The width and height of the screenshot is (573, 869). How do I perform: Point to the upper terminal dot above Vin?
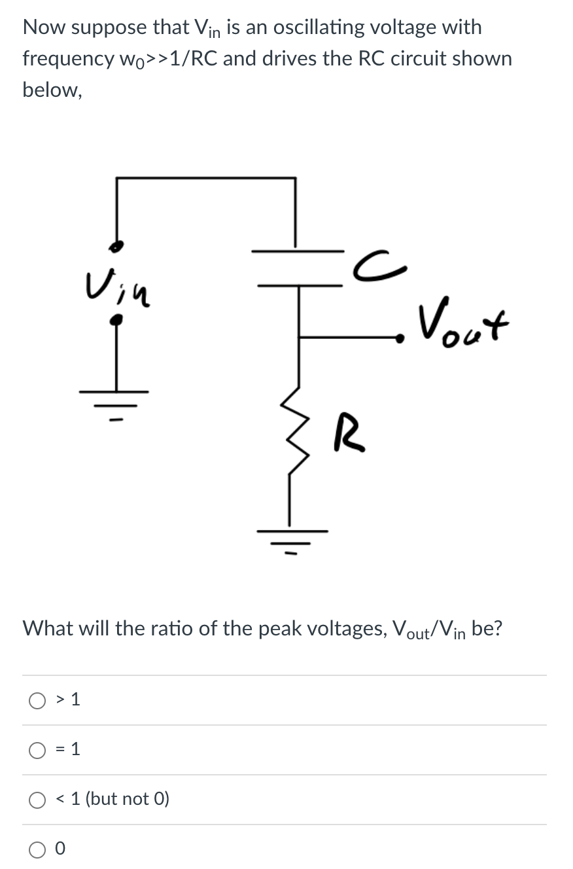pos(116,247)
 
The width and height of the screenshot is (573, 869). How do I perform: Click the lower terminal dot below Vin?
pos(116,319)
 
